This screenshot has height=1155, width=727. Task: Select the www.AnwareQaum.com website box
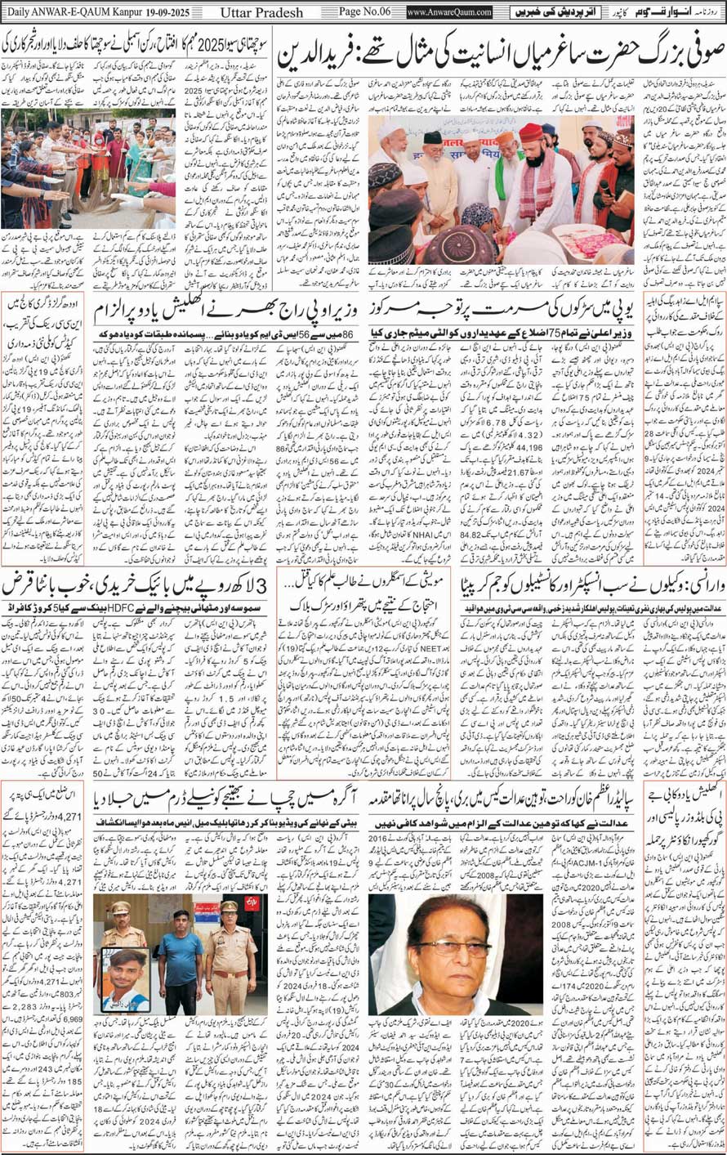point(449,13)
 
